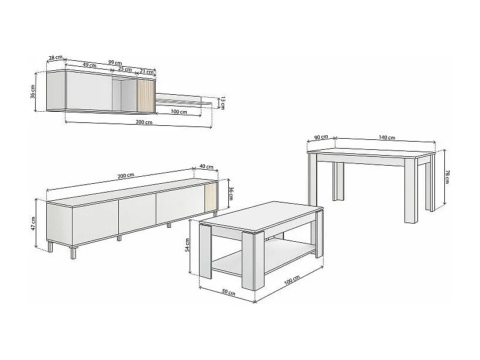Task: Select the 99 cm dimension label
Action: [x=115, y=63]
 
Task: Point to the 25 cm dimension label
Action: [x=125, y=69]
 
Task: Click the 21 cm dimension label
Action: [x=146, y=71]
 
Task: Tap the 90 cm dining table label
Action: [x=320, y=138]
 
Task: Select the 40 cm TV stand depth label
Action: [x=207, y=167]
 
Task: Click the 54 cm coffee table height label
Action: [x=188, y=245]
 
